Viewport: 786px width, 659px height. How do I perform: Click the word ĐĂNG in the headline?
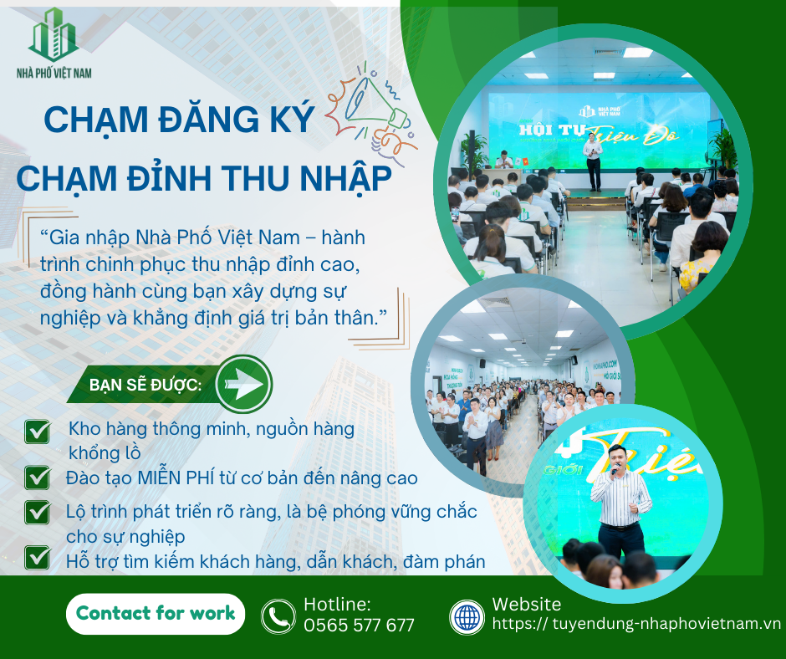(208, 119)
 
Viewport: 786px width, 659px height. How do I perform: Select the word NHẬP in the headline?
(346, 178)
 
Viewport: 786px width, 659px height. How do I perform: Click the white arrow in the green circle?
(243, 384)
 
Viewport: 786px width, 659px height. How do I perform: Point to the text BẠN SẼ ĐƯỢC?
(145, 386)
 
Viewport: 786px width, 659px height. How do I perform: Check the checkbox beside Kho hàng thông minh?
(38, 432)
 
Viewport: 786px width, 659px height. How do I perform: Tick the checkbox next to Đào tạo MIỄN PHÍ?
(38, 478)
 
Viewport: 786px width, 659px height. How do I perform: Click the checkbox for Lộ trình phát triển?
(38, 512)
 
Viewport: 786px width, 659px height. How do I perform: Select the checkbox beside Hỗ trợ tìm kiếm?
(38, 558)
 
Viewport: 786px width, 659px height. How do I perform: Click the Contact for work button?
(156, 613)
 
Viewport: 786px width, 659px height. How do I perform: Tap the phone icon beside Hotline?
(278, 616)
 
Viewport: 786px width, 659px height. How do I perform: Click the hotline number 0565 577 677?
(359, 626)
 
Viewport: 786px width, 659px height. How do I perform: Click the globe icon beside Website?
(467, 617)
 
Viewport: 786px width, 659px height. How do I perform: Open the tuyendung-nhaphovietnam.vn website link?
(636, 623)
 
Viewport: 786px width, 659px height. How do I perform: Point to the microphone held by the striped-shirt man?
(614, 470)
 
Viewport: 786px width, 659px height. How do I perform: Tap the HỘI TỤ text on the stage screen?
(552, 130)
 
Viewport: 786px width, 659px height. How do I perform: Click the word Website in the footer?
(526, 605)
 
